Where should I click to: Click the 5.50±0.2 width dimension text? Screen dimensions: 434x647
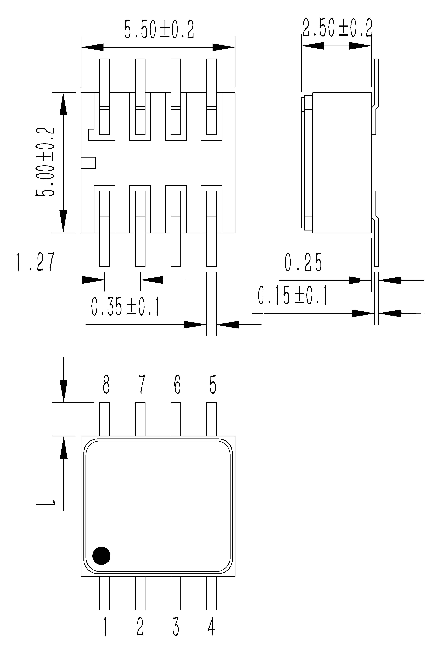pyautogui.click(x=159, y=29)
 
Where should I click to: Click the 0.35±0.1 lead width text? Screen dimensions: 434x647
pyautogui.click(x=125, y=307)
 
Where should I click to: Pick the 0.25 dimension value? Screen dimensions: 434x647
pyautogui.click(x=303, y=262)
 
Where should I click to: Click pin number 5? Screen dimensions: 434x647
pyautogui.click(x=213, y=384)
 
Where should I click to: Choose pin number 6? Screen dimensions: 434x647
pyautogui.click(x=177, y=384)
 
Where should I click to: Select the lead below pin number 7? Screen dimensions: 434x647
pyautogui.click(x=140, y=419)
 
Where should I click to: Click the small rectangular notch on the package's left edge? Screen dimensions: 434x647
pyautogui.click(x=88, y=163)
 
